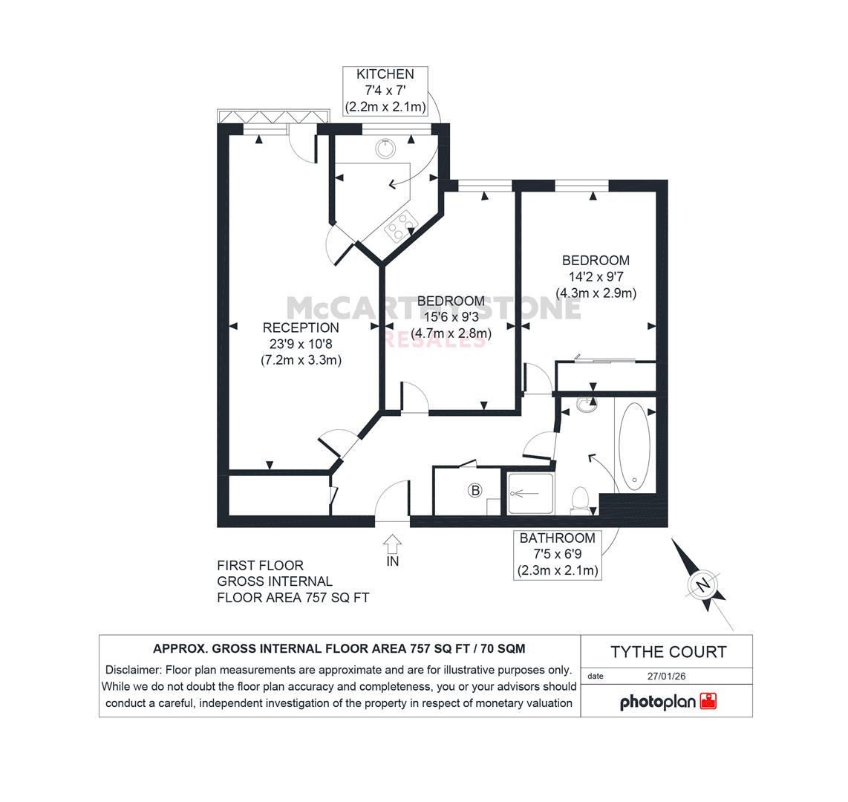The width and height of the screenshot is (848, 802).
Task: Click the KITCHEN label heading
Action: click(x=385, y=74)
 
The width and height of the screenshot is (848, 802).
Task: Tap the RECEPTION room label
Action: click(x=301, y=327)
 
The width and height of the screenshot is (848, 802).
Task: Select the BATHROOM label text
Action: click(x=557, y=538)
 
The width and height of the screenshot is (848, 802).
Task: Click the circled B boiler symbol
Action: click(x=475, y=491)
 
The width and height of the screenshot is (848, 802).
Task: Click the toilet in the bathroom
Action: click(x=580, y=500)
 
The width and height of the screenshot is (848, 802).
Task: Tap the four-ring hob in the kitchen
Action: click(x=401, y=226)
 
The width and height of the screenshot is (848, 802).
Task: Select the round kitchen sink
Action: click(x=385, y=148)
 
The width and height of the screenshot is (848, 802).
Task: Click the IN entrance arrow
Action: click(x=392, y=543)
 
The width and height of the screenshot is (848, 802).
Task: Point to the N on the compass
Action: click(x=702, y=585)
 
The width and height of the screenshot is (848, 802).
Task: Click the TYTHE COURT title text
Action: click(x=668, y=652)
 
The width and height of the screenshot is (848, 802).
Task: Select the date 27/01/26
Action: click(x=666, y=676)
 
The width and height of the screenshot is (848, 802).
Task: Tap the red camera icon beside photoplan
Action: click(x=708, y=701)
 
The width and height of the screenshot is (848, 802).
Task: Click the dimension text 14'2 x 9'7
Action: click(x=596, y=277)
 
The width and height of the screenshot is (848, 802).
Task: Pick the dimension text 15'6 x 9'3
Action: click(x=451, y=317)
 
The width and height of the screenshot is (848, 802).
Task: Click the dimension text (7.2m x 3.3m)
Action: click(x=301, y=360)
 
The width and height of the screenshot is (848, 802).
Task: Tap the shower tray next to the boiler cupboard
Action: click(x=530, y=494)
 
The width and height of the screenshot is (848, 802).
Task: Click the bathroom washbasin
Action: click(x=586, y=405)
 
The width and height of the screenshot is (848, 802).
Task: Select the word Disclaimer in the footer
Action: click(x=132, y=670)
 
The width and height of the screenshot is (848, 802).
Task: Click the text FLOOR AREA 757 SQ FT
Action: click(x=293, y=598)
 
